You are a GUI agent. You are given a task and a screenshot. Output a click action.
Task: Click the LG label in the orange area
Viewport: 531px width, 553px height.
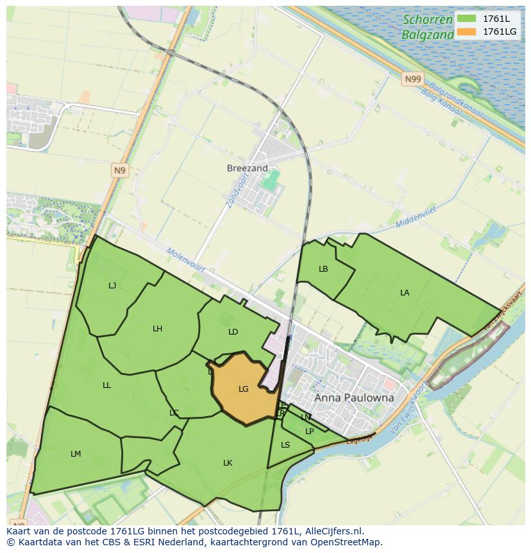tap(243, 389)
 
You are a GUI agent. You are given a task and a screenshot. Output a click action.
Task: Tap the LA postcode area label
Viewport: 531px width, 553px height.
tap(405, 293)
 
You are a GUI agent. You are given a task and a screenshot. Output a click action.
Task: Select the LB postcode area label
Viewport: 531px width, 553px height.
tap(323, 269)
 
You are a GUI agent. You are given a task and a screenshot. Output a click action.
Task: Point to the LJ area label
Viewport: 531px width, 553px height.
tap(112, 286)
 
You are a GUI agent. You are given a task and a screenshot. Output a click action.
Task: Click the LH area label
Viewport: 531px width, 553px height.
tap(157, 329)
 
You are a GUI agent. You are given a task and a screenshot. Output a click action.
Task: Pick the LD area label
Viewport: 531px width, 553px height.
tap(233, 332)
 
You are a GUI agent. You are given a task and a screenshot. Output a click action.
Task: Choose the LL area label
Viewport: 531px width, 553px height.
tap(106, 385)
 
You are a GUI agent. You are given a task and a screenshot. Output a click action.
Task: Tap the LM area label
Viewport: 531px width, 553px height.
tap(76, 454)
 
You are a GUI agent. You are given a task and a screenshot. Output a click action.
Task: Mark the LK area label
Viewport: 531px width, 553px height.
tap(228, 463)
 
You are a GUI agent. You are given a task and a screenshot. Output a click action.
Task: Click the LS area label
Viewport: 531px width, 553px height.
tap(285, 445)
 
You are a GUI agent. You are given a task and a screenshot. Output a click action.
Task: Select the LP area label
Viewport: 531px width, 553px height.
tap(309, 432)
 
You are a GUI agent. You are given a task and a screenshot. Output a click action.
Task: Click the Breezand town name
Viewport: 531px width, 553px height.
tap(247, 168)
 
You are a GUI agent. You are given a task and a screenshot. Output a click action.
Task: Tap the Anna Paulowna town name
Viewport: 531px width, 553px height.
tap(354, 398)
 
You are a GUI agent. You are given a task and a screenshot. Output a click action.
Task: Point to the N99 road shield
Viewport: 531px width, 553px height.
tap(413, 79)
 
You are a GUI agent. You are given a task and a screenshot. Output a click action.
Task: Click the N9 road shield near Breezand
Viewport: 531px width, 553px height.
tap(119, 170)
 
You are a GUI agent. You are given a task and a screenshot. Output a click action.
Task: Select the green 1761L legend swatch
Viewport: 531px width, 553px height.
tap(467, 19)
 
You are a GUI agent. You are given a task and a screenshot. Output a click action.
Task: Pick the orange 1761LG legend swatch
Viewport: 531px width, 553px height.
tap(467, 31)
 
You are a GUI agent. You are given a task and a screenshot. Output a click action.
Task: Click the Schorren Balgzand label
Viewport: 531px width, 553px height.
tap(428, 27)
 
